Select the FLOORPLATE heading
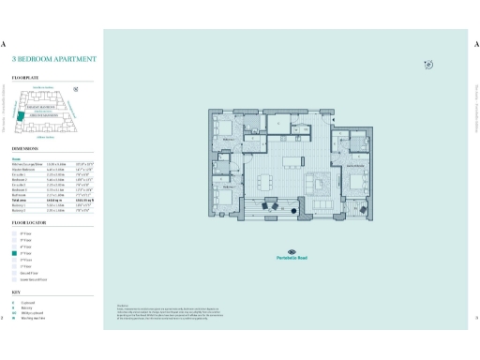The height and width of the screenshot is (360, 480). tap(24, 72)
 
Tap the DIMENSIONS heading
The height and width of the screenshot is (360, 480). tap(25, 148)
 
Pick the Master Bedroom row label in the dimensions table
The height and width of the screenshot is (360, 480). tap(23, 170)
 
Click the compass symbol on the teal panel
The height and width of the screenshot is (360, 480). tap(427, 64)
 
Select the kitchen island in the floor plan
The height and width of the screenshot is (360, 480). tap(289, 151)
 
